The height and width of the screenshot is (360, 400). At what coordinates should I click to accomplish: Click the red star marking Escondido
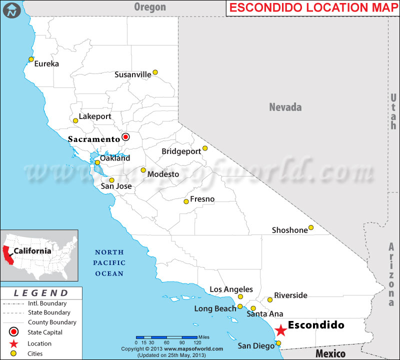(x=281, y=330)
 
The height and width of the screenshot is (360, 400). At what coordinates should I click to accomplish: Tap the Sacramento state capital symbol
(x=125, y=136)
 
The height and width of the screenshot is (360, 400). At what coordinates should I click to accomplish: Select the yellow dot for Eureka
(x=31, y=59)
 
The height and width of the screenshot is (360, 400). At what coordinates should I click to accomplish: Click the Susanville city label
(x=132, y=74)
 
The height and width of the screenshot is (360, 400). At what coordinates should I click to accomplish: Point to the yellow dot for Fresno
(x=186, y=201)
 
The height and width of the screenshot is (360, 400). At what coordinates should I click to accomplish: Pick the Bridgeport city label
(x=180, y=151)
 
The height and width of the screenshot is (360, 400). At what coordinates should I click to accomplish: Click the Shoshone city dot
(x=310, y=228)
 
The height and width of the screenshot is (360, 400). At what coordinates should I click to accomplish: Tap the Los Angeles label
(x=231, y=289)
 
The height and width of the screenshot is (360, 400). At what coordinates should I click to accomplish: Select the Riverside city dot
(x=270, y=300)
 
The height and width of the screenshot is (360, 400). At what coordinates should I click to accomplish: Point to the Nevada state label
(x=285, y=107)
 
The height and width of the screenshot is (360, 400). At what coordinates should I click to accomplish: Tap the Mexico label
(x=330, y=353)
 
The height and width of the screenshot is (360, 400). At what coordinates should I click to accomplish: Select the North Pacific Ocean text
(x=109, y=263)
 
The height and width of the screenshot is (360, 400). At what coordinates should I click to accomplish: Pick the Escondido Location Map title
(x=312, y=8)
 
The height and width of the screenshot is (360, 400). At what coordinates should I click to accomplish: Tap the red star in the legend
(x=13, y=343)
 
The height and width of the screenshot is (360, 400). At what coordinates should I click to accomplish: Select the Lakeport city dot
(x=75, y=120)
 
